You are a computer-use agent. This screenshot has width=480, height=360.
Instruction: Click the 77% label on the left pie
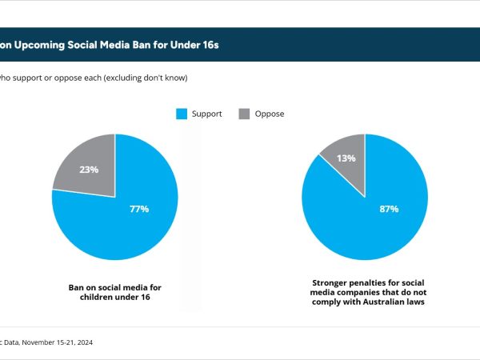coord(139,209)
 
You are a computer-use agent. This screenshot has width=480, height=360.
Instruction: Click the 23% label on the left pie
coord(88,170)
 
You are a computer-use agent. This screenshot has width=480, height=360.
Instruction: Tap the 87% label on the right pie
coord(389,209)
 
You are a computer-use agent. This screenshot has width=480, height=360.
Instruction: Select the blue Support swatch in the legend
coord(181,114)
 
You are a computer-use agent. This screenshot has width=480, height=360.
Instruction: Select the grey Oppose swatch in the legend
coord(243,114)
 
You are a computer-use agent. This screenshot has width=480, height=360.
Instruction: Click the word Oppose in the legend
coord(269,114)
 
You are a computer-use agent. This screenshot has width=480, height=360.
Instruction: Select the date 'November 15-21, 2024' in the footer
coord(58,342)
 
